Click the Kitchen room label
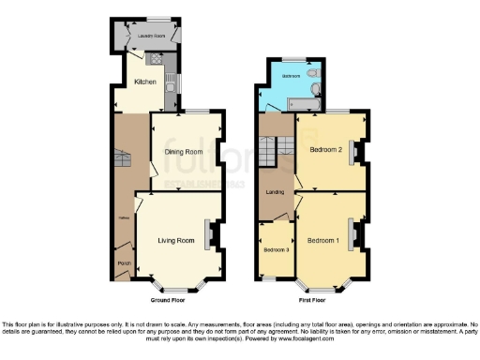click(144, 82)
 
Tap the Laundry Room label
click(144, 36)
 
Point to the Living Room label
click(176, 241)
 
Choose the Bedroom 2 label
click(323, 150)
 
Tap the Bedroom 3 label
click(276, 249)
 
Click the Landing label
click(276, 192)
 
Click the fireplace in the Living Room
click(213, 234)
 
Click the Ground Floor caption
click(167, 300)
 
